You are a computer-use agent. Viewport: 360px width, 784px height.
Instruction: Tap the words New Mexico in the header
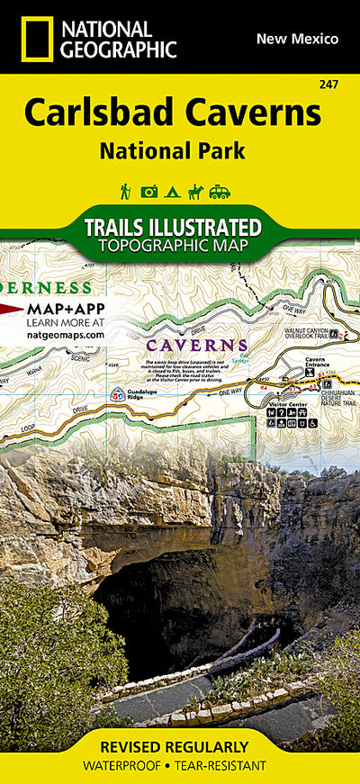coord(297,39)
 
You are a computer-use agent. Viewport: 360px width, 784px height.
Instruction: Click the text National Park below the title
coord(172,150)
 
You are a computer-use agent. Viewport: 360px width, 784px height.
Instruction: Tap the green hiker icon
coord(126,191)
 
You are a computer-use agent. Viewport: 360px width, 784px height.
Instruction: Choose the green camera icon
coord(149,191)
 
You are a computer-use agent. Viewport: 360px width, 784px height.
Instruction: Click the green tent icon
coord(173,191)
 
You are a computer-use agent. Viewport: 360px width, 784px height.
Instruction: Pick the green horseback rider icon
coord(195,191)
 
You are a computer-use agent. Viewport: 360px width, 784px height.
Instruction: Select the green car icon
coord(220,191)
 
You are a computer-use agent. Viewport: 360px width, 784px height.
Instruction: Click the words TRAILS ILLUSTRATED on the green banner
coord(172,227)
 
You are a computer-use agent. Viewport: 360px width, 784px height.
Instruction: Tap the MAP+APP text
coord(65,309)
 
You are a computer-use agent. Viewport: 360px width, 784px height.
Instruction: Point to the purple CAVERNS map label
coord(197,345)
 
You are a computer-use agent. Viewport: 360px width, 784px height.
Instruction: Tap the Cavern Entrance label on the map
coord(315,362)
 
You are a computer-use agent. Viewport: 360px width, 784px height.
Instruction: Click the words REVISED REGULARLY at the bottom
coord(180,747)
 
